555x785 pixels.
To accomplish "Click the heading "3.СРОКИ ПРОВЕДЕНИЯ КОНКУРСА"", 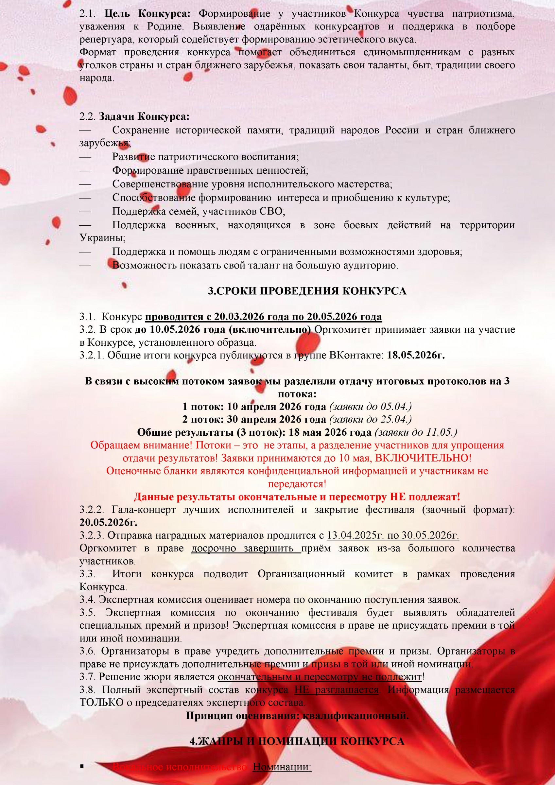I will coord(307,291).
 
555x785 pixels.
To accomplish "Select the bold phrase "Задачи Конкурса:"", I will coord(144,116).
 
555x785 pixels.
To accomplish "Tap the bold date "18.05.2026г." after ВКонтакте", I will coord(416,355).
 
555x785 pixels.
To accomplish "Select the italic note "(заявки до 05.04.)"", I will coord(370,407).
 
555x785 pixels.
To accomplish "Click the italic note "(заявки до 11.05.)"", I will coord(416,432).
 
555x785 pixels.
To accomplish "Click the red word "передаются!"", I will coord(297,484).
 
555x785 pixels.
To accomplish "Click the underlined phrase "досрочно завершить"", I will coord(246,549).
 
